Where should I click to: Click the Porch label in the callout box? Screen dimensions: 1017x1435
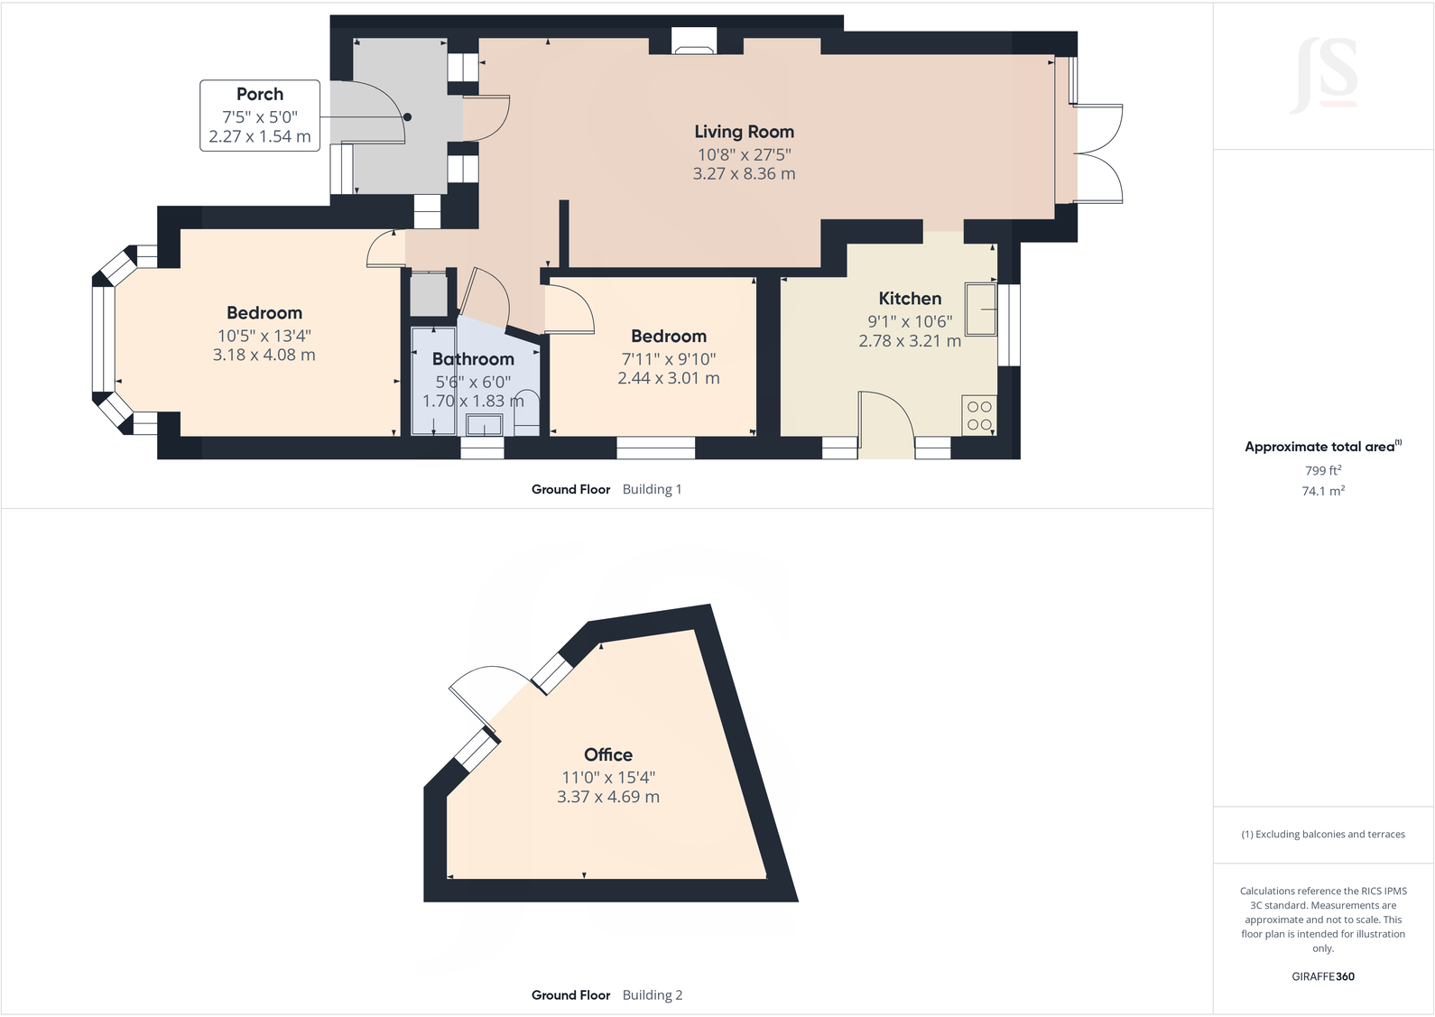260,95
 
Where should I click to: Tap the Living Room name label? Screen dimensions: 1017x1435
744,132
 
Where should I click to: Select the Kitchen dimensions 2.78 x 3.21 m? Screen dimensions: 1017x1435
909,341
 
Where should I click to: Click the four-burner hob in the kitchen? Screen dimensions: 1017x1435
979,416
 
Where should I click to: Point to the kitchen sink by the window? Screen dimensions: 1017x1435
980,310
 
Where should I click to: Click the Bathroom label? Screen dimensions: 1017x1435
473,359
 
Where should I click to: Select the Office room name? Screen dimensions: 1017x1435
607,755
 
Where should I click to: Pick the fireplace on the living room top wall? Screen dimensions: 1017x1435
694,42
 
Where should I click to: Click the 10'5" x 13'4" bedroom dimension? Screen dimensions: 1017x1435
264,336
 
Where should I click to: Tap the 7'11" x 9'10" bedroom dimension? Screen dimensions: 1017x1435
668,359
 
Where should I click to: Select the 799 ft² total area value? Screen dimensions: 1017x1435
1322,470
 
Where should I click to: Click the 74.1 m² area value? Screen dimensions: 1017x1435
1322,491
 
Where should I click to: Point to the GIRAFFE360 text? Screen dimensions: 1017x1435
1322,976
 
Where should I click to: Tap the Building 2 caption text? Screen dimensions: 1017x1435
652,995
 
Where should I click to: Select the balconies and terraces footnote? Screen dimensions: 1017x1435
1322,835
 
